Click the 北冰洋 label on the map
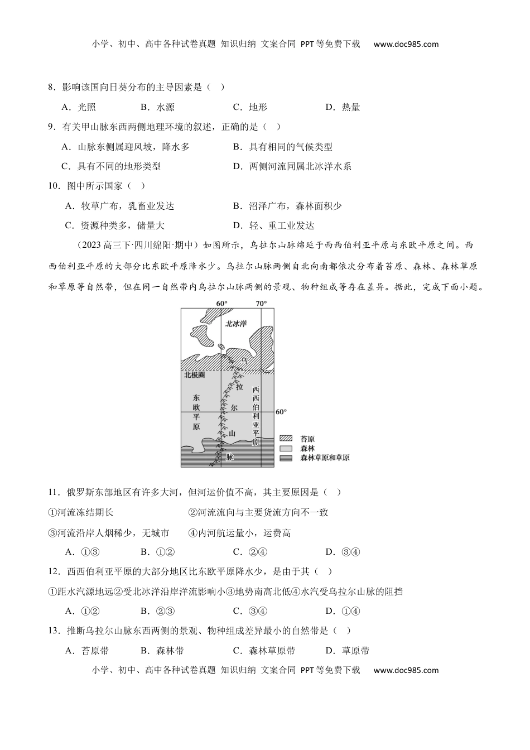click(x=236, y=324)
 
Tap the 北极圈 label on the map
click(x=195, y=375)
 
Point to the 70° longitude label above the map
click(x=261, y=304)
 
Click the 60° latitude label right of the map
click(x=281, y=412)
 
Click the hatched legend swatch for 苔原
click(x=286, y=439)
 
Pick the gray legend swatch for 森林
click(x=286, y=448)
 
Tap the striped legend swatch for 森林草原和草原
click(x=286, y=458)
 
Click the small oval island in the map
click(x=221, y=347)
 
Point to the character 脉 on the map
click(x=229, y=456)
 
